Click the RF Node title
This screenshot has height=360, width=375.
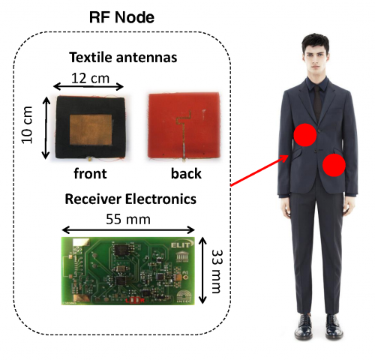tap(121, 17)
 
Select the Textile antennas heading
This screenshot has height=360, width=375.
tap(123, 57)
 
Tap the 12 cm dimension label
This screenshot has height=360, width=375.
tap(91, 78)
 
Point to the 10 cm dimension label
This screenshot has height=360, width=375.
tap(27, 125)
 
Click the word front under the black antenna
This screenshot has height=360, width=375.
tap(90, 173)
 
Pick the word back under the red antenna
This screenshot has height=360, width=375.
tap(186, 173)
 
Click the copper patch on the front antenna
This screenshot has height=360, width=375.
tap(91, 130)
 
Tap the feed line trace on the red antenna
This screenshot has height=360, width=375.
tap(184, 135)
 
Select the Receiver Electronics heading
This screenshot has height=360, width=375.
tap(130, 199)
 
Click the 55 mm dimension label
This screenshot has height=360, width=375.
tap(128, 219)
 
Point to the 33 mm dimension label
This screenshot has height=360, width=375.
tap(217, 271)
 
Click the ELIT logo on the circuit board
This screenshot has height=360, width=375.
tap(182, 245)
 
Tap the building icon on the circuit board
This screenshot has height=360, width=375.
tap(182, 257)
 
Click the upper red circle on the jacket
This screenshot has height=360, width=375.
tap(305, 135)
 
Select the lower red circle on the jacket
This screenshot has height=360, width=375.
tap(334, 165)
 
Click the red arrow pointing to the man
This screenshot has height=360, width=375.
tap(259, 170)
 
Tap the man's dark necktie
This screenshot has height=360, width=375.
tap(317, 103)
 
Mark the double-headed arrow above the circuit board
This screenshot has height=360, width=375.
tap(128, 229)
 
